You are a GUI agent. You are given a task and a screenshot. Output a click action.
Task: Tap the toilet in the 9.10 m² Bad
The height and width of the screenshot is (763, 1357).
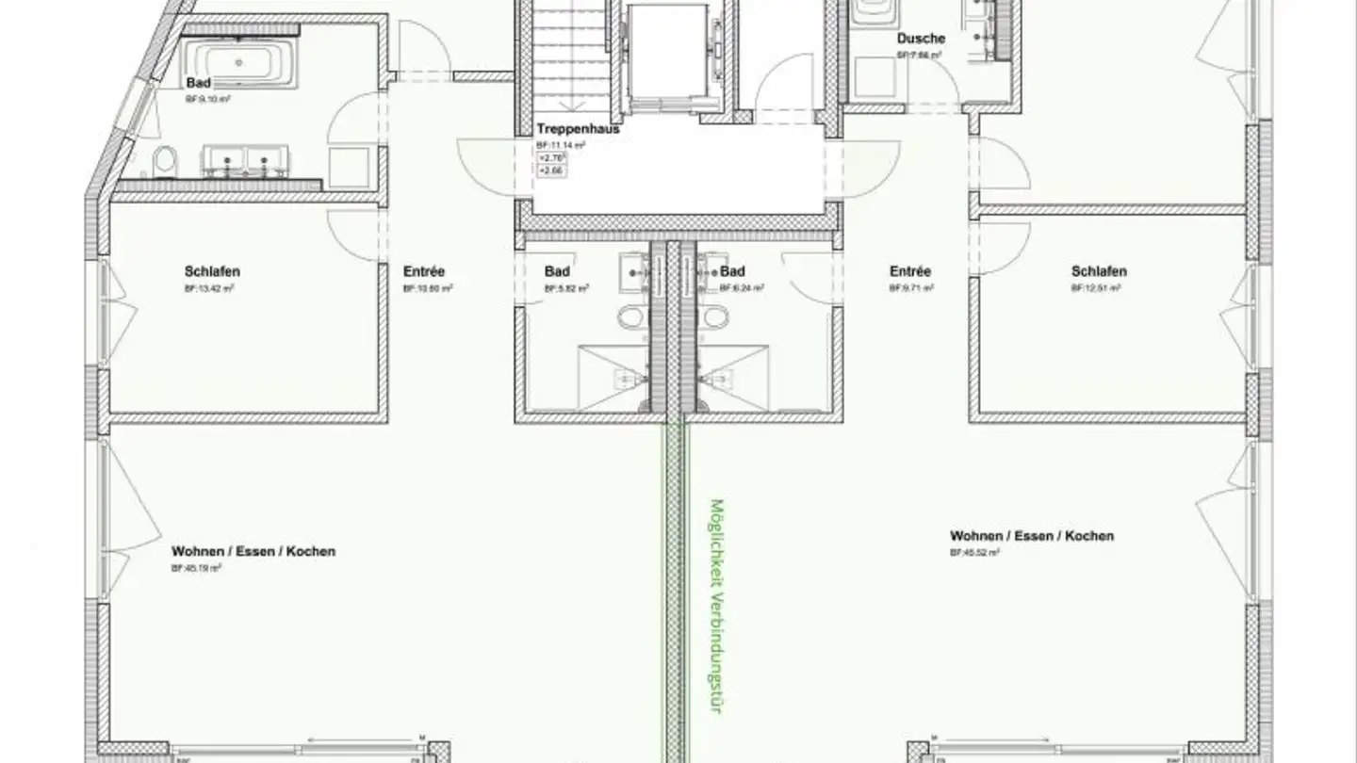click(x=166, y=163)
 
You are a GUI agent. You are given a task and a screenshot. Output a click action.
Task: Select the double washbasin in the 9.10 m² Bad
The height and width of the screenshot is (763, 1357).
click(x=243, y=161)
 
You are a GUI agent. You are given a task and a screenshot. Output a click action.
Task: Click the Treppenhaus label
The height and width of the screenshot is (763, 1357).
click(x=578, y=129)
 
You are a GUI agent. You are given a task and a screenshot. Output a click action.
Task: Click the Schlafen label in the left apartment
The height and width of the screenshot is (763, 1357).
click(x=212, y=271)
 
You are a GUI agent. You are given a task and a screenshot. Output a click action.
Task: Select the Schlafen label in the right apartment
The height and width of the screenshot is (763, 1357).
click(x=1099, y=271)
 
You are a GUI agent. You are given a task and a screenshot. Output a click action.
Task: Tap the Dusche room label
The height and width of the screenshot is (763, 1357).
click(x=921, y=40)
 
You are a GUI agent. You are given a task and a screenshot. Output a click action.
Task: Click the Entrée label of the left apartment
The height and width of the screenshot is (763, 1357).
click(x=424, y=271)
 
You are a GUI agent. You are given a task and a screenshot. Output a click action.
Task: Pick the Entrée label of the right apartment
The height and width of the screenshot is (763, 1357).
click(x=910, y=271)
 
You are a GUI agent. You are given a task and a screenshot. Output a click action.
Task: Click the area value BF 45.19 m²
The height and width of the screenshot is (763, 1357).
click(x=196, y=568)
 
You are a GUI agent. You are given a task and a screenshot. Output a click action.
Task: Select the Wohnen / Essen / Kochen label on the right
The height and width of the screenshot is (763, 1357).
click(x=1031, y=536)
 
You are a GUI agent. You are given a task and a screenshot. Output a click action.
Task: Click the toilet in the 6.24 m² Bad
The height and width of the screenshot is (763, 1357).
click(x=716, y=317)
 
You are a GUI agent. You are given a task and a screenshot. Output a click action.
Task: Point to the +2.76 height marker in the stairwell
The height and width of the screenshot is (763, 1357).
click(x=549, y=158)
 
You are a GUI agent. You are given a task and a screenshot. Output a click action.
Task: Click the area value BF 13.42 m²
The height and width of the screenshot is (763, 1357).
click(x=209, y=288)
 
